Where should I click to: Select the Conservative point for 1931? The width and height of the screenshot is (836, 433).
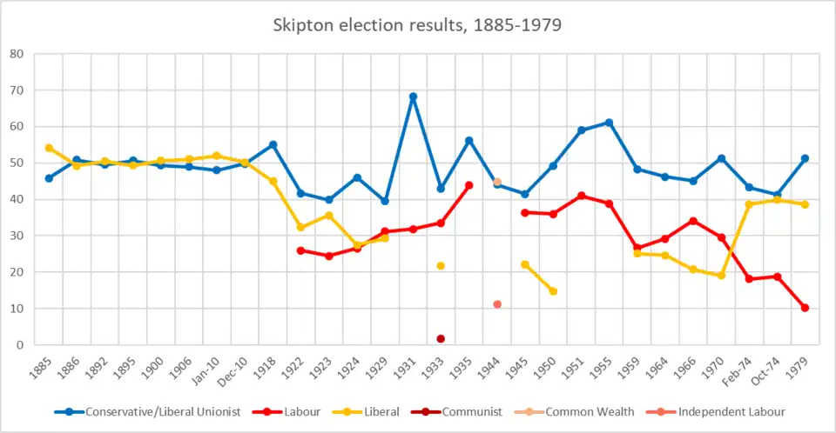pos(413,97)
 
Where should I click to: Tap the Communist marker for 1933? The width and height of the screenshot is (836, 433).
pos(441,339)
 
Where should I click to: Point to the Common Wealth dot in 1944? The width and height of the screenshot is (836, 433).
pos(497,182)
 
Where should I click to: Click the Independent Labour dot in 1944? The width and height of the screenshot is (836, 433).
pos(497,304)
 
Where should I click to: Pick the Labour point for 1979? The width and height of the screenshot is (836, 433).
pos(805,308)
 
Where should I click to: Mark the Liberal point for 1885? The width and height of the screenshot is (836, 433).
pos(49,148)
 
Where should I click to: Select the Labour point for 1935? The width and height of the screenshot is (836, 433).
pos(469,185)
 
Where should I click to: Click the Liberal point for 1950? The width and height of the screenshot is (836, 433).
pos(553,291)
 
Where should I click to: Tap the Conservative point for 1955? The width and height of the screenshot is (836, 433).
pos(609,123)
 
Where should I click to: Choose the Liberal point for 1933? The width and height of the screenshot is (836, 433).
pos(441,265)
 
